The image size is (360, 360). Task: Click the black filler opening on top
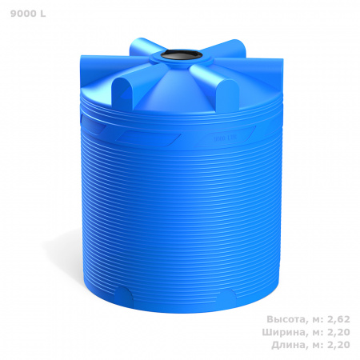coord(182,55)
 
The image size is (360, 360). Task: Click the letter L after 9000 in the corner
coord(43,14)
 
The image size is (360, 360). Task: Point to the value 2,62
coord(338,319)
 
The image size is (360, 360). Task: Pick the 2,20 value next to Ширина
coord(338,332)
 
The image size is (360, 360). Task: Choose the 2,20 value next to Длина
coord(338,345)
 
